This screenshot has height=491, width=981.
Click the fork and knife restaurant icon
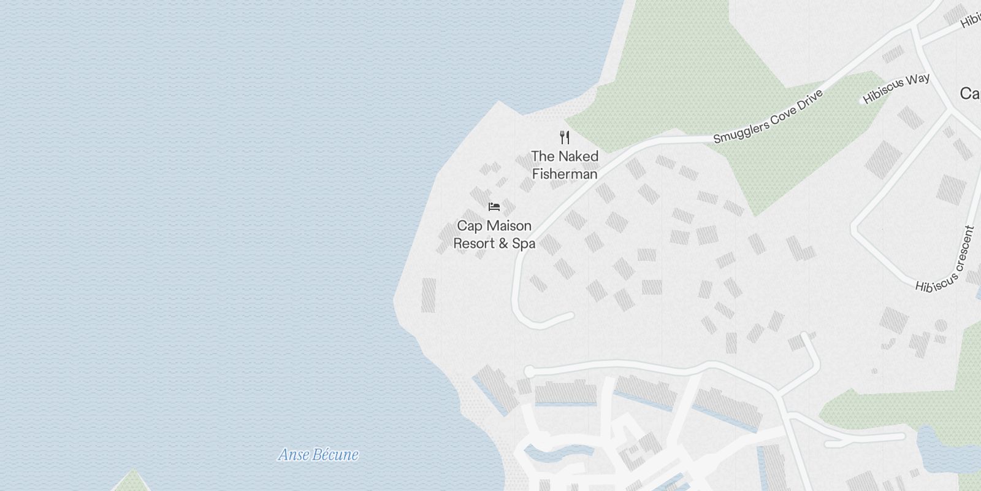[x=565, y=137]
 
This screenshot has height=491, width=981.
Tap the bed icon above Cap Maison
[x=494, y=207]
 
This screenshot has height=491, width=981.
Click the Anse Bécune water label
[x=318, y=455]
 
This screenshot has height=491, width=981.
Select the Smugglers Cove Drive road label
[x=767, y=116]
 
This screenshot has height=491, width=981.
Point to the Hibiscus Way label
[x=896, y=88]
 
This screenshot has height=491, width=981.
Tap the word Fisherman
[x=565, y=174]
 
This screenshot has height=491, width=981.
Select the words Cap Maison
[x=494, y=226]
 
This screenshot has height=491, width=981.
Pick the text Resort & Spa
[x=494, y=244]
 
